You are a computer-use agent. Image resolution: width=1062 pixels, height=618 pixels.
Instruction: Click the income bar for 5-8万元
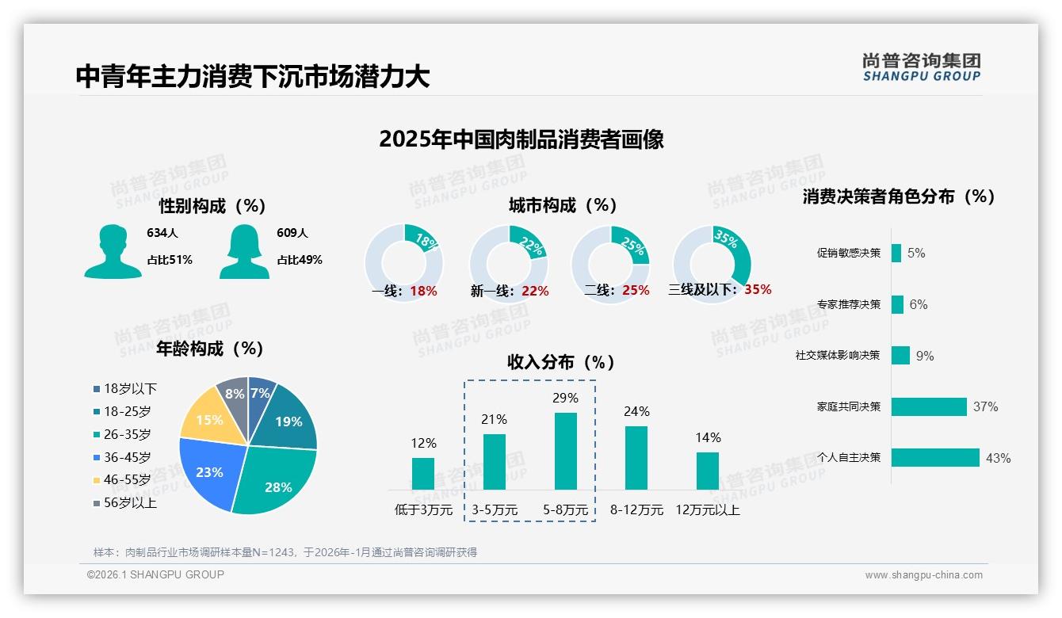[x=565, y=451]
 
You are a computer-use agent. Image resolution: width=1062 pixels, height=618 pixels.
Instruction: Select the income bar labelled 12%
[x=423, y=473]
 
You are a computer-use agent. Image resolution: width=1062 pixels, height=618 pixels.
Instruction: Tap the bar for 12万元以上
[x=708, y=471]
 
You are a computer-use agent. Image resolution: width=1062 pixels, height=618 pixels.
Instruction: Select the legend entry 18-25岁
[x=127, y=411]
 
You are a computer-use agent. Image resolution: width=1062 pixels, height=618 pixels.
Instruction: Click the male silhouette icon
[x=113, y=252]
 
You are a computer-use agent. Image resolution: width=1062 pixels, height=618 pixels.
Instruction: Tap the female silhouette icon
[x=244, y=252]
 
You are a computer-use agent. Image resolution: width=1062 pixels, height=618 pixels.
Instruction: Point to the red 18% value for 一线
[x=423, y=291]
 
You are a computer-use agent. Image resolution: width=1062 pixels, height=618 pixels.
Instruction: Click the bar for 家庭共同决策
[x=929, y=406]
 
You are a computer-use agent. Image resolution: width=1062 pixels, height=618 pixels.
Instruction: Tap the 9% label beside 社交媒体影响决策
[x=925, y=356]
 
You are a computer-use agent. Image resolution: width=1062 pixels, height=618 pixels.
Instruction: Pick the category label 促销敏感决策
[x=848, y=253]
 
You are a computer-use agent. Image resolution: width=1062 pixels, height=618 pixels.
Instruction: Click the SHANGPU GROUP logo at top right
[x=921, y=67]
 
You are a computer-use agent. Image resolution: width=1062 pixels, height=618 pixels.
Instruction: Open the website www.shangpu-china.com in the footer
[x=923, y=574]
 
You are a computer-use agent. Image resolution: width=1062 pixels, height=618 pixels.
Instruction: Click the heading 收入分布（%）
[x=561, y=362]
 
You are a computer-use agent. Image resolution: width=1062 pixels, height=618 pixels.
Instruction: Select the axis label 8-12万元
[x=636, y=509]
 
